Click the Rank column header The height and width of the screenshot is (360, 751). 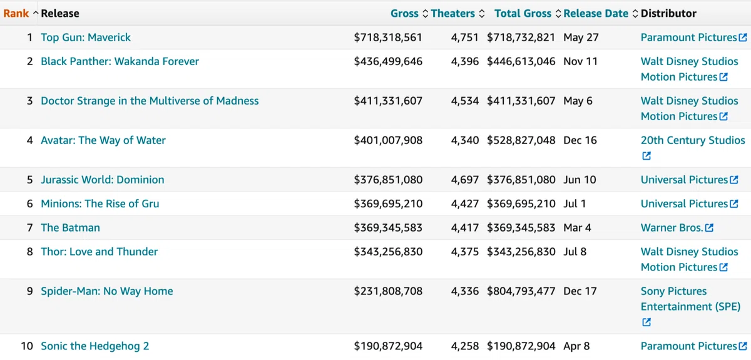16,13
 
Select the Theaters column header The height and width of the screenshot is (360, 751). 452,13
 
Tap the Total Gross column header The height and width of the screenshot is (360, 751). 523,13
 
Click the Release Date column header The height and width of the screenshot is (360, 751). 596,13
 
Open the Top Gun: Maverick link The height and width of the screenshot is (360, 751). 86,37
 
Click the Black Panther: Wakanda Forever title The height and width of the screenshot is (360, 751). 120,61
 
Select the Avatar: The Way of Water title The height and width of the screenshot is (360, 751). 103,140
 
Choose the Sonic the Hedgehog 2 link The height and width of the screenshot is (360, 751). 95,346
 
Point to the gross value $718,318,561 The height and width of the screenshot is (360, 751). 388,37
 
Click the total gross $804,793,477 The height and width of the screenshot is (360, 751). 521,291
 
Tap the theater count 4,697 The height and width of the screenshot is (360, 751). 464,180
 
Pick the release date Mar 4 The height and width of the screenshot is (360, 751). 577,227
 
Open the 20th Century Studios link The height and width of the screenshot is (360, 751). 693,140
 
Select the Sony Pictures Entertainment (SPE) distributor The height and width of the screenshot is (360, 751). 690,299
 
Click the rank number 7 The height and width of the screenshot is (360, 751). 30,227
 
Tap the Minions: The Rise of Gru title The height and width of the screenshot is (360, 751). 100,203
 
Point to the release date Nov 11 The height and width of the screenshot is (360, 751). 580,61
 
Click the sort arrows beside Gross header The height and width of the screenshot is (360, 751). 425,13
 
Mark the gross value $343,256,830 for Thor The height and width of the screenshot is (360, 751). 388,252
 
